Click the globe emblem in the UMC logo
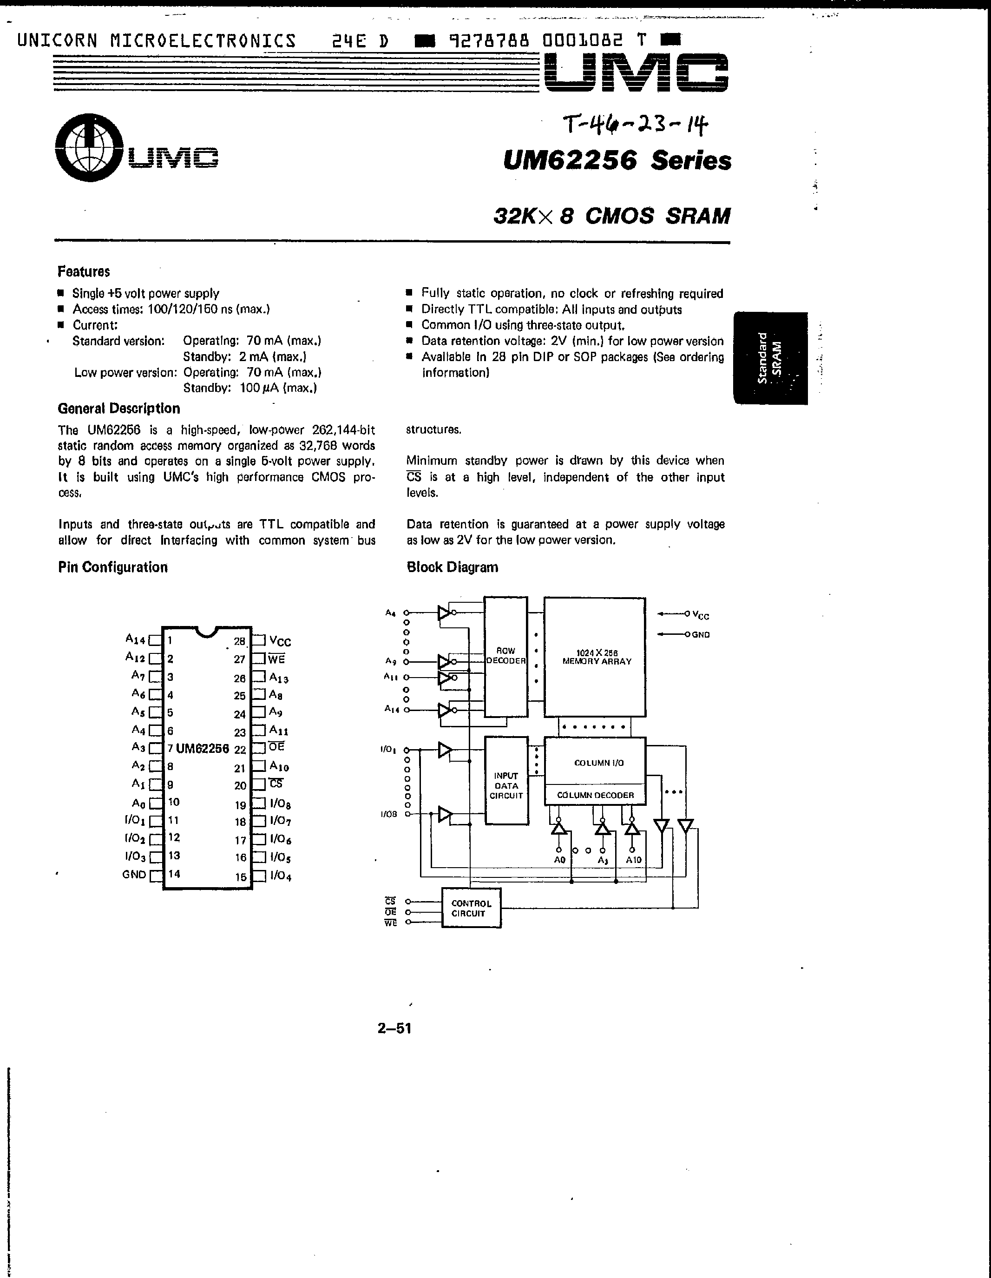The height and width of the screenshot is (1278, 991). coord(89,147)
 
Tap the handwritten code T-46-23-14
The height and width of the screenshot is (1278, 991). coord(635,125)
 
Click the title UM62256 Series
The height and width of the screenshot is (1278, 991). coord(617,160)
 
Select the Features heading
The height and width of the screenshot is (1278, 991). coord(84,271)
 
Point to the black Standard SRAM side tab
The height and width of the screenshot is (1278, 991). coord(770,358)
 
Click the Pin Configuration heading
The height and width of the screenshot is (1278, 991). coord(113,567)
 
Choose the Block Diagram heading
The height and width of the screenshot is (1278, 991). coord(452,567)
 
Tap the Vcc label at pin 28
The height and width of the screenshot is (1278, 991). coord(280,641)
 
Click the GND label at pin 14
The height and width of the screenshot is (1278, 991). coord(134,875)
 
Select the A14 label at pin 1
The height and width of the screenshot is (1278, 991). coord(135,639)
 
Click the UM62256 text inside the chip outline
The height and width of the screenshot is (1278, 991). coord(203,748)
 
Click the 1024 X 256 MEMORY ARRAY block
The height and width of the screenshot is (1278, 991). coord(596,657)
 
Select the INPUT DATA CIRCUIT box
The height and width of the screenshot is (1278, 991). coord(506,785)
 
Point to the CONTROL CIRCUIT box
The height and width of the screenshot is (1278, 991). coord(471,908)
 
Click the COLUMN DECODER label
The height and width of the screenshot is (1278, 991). coord(596,795)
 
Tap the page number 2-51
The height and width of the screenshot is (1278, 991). coord(394,1028)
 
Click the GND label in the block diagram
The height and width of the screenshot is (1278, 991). coord(701,635)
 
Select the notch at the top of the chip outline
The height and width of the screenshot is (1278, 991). coord(206,630)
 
